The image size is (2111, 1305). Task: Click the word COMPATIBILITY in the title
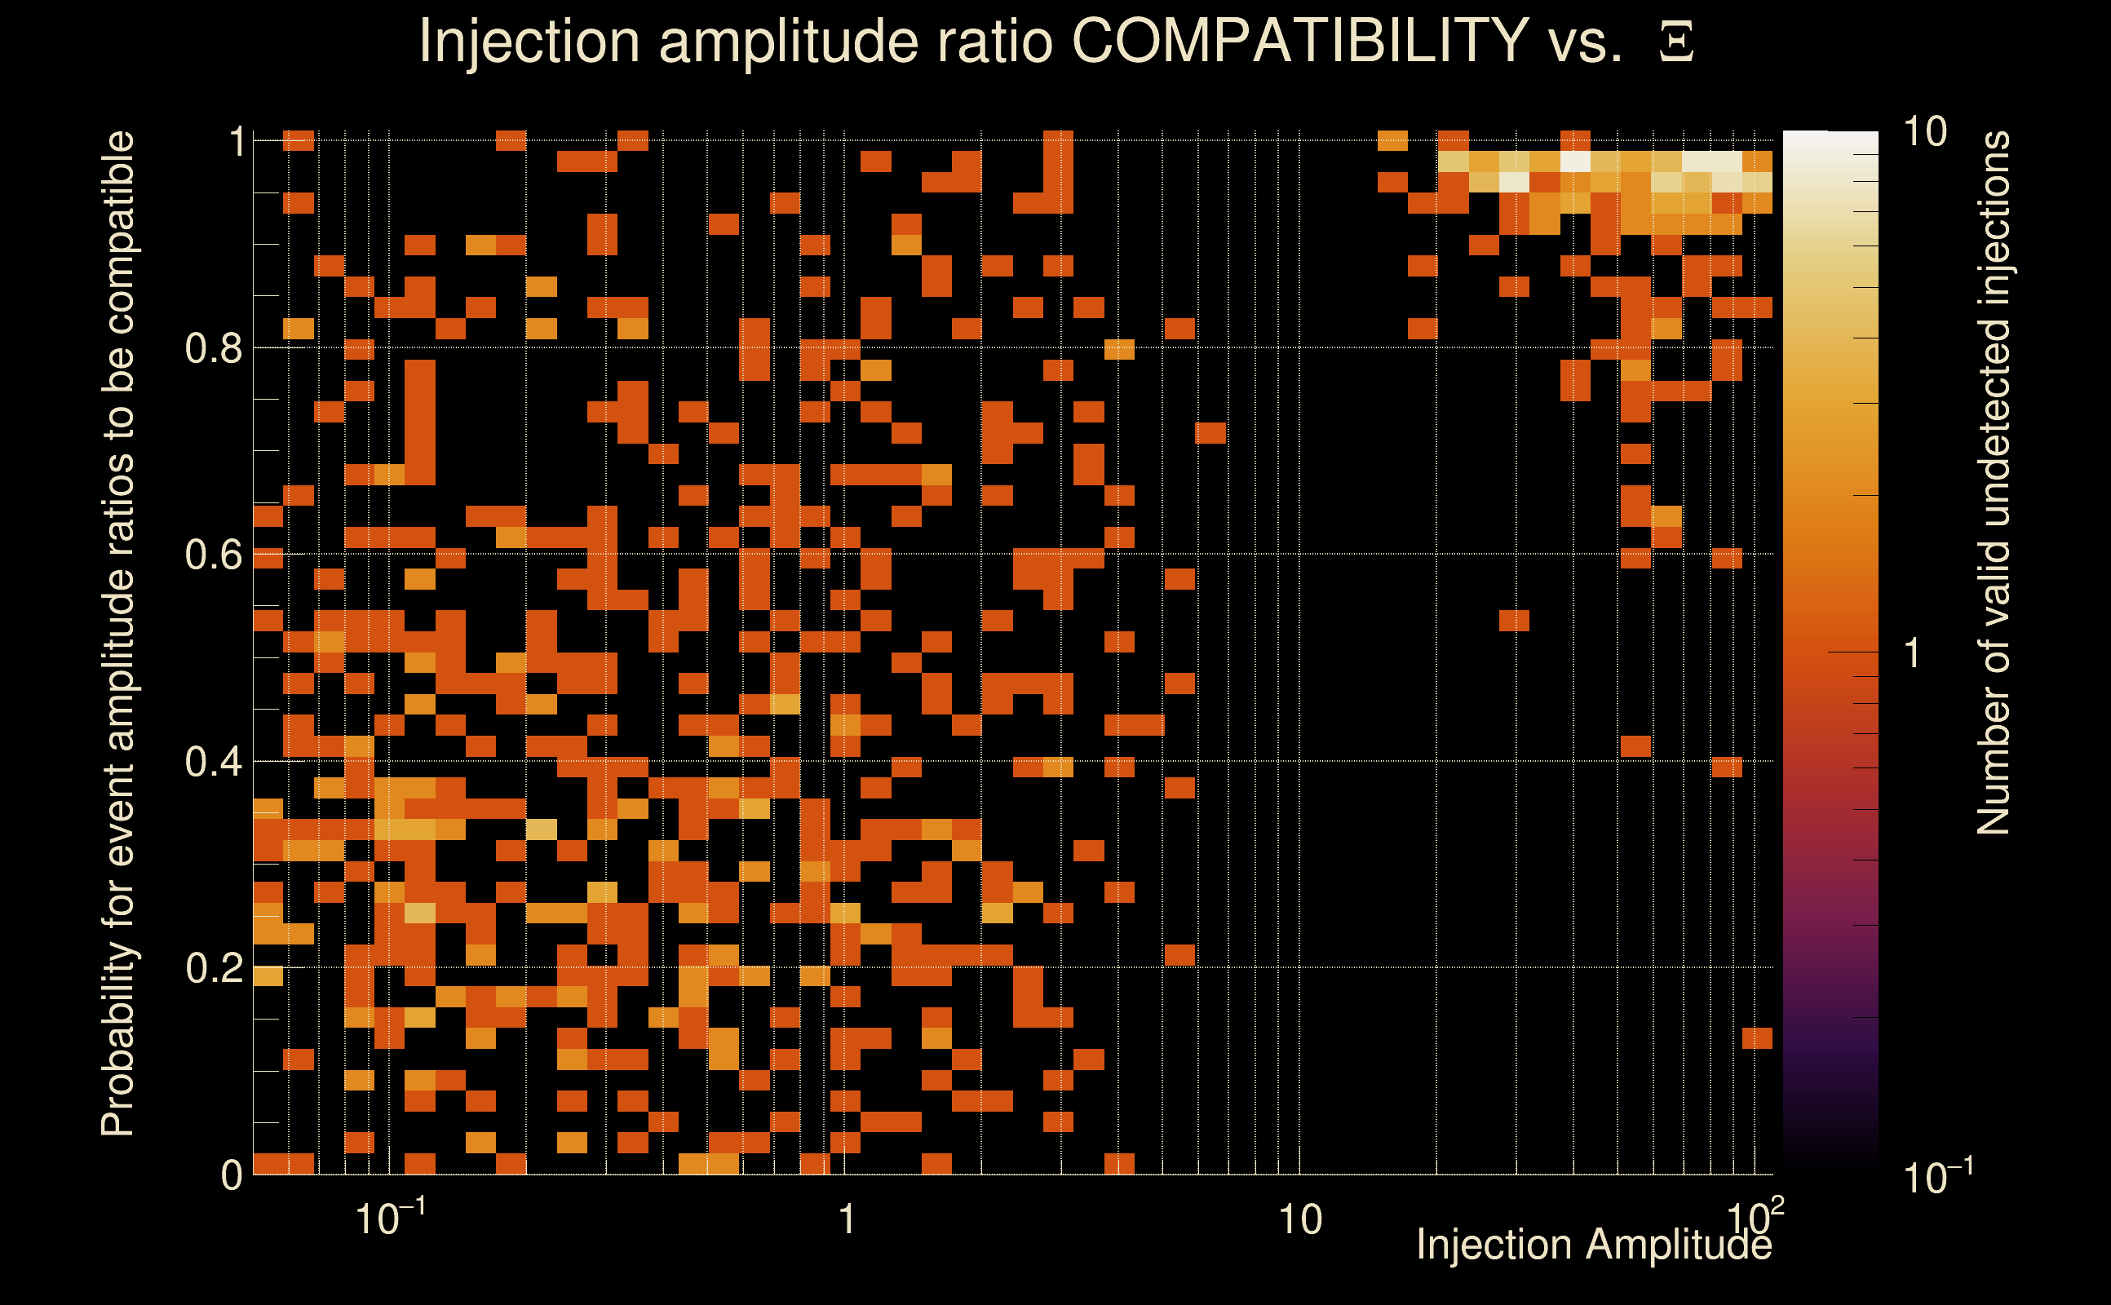pyautogui.click(x=1299, y=41)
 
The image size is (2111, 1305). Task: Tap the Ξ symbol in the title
pyautogui.click(x=1676, y=42)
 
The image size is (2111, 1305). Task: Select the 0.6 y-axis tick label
pyautogui.click(x=213, y=555)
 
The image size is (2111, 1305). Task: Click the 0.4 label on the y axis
pyautogui.click(x=213, y=762)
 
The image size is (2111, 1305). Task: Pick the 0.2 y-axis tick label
pyautogui.click(x=213, y=968)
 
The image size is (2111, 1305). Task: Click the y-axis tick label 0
pyautogui.click(x=232, y=1175)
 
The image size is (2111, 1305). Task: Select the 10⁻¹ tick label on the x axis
pyautogui.click(x=390, y=1218)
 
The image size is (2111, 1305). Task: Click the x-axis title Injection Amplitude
pyautogui.click(x=1594, y=1245)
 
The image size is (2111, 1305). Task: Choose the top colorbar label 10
pyautogui.click(x=1924, y=133)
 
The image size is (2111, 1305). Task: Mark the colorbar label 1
pyautogui.click(x=1913, y=653)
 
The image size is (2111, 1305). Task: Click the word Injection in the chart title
pyautogui.click(x=529, y=41)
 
